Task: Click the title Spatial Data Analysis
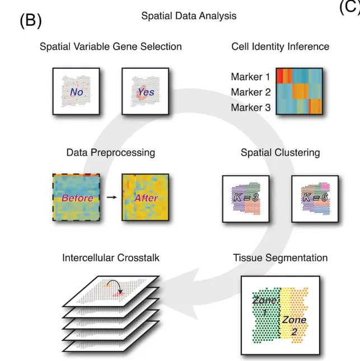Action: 189,16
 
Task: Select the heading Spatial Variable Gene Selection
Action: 111,46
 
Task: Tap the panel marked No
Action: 76,91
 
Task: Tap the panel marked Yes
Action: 146,91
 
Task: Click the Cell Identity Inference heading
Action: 280,46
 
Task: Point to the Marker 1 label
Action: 250,77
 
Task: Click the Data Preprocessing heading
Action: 111,152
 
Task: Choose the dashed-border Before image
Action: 76,197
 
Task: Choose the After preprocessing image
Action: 145,197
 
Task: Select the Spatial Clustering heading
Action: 280,152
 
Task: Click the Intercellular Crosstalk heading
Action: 111,258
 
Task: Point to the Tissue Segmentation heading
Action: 280,258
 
